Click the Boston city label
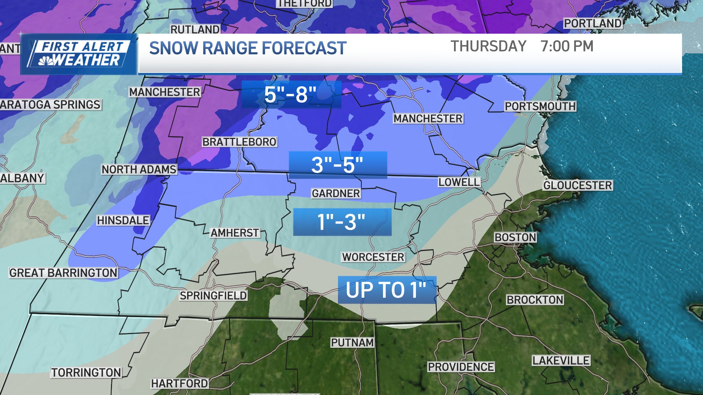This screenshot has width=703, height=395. pos(515,237)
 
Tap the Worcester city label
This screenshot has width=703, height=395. pos(373,257)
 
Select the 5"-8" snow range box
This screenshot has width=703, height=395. pos(291,94)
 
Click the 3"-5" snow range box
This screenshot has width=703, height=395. pos(338,165)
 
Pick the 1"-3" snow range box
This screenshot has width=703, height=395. pos(342,222)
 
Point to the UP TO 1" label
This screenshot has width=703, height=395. pos(387,290)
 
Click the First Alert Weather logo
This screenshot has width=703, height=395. pos(79,54)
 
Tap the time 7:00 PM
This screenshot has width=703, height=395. pos(566,46)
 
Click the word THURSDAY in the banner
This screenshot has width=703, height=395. pos(488,46)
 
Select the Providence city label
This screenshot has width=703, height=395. pos(461,367)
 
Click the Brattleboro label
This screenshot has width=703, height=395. pos(239,142)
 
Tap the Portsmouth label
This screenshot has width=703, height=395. pos(540,106)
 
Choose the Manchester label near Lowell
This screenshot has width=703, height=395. pos(428,118)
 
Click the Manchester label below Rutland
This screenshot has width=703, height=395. pos(165,92)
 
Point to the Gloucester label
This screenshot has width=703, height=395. pos(577,185)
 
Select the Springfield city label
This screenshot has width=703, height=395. pos(213,296)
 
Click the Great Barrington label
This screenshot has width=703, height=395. pos(63,273)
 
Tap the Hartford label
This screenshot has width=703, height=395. pos(179,383)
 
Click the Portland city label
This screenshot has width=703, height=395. pos(592,23)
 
